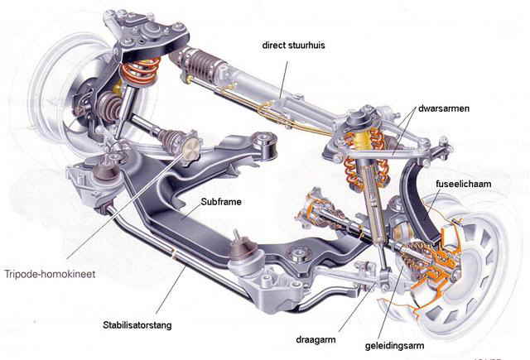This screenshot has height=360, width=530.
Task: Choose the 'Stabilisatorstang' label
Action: [137, 324]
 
